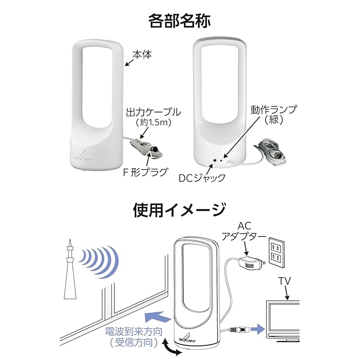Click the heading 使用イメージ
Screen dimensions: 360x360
179,210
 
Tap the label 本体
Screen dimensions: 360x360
143,55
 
